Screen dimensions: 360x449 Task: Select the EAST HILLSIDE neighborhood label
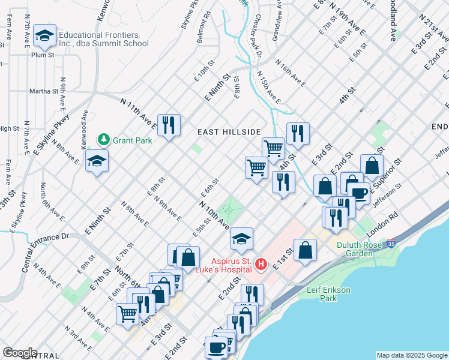pos(230,132)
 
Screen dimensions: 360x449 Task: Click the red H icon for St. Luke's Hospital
pos(261,263)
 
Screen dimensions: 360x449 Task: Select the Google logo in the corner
pos(20,353)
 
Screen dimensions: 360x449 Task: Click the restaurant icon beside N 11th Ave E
pos(169,124)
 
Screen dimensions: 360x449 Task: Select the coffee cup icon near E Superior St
pos(359,193)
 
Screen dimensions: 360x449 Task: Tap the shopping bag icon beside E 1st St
pos(305,249)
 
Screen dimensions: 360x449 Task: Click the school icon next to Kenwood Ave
pos(97,161)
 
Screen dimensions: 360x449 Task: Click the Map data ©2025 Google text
pos(412,355)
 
